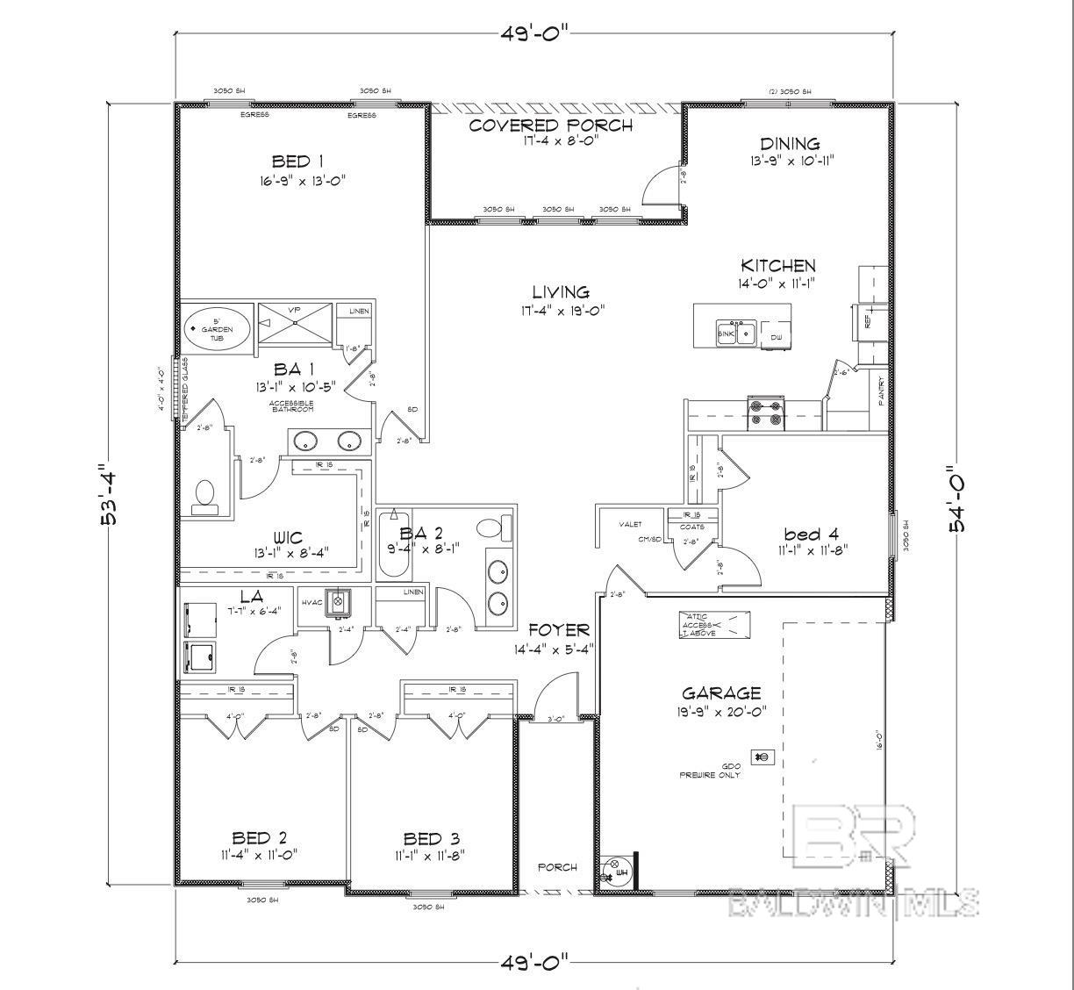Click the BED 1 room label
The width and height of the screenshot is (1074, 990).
click(297, 161)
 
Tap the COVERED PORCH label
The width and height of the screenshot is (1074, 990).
click(550, 126)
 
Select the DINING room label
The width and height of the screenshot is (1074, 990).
click(790, 144)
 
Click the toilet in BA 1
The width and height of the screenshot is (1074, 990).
click(204, 495)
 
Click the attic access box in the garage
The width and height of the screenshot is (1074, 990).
click(714, 625)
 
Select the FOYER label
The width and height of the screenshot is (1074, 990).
click(558, 630)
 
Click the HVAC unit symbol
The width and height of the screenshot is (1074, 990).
click(337, 603)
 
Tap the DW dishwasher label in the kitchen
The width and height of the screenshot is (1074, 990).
click(776, 337)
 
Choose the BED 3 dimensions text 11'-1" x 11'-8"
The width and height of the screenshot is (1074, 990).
click(430, 856)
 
